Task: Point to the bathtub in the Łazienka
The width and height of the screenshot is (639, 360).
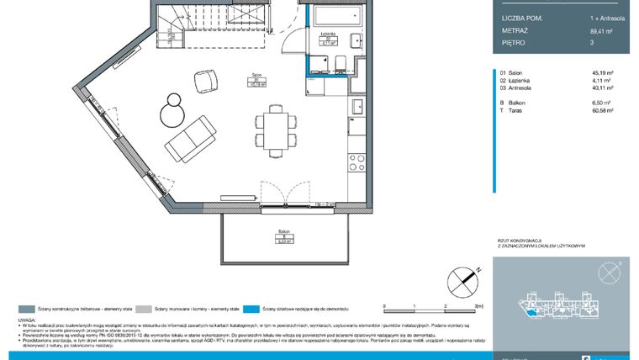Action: [335, 15]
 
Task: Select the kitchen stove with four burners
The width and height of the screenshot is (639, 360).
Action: [356, 161]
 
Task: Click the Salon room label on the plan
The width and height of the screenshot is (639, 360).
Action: [253, 80]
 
